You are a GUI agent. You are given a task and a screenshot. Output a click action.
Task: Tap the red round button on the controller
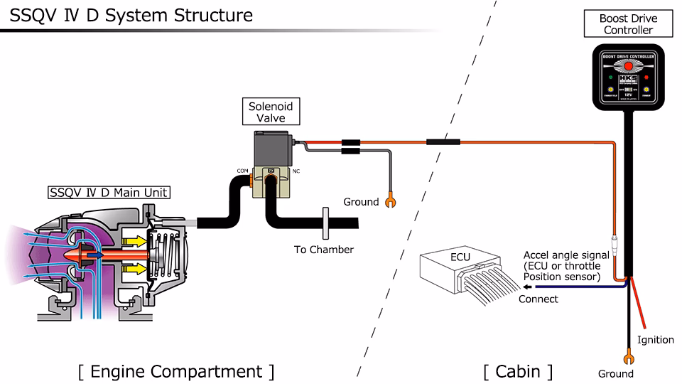627,68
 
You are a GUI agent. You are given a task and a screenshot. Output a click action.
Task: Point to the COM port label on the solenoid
242,171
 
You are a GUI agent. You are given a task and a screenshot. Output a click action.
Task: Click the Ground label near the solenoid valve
361,202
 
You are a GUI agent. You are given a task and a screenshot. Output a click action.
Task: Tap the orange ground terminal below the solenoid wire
389,202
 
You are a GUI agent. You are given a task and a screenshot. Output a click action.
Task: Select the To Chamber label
324,250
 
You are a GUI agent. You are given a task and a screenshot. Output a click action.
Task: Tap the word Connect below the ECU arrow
538,299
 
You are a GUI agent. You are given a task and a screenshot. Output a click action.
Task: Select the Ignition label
655,339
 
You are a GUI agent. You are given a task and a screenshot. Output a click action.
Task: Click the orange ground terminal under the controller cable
628,358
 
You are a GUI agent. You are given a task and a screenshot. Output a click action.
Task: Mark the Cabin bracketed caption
517,371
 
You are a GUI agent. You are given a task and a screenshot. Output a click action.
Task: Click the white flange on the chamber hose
324,225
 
